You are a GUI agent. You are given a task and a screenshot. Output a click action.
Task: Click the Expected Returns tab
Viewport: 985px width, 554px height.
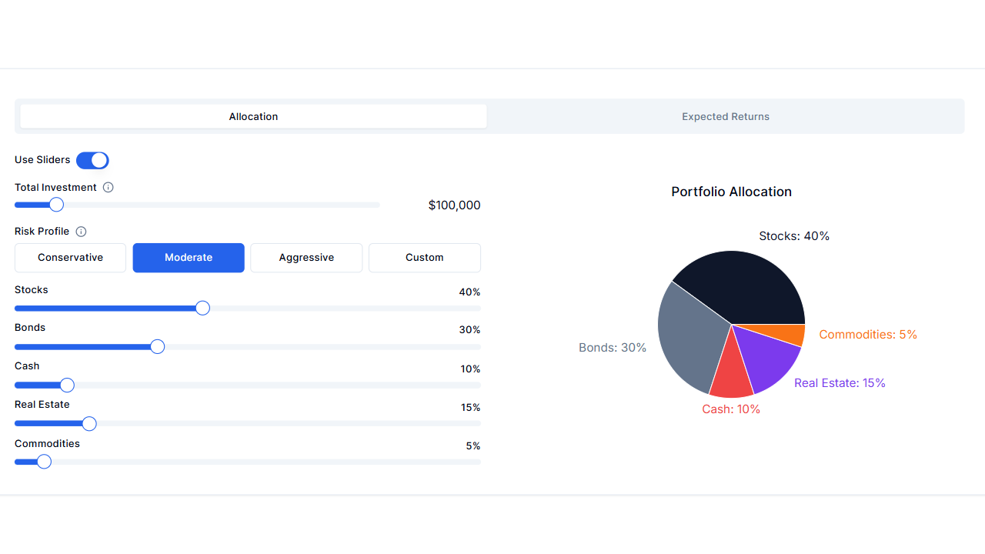click(725, 117)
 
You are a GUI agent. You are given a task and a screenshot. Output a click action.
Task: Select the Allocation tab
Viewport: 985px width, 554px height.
click(253, 117)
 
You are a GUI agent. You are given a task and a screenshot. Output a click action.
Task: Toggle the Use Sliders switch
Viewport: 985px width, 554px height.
click(92, 160)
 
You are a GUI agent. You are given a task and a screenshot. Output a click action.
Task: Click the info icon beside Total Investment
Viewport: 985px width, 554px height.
click(109, 188)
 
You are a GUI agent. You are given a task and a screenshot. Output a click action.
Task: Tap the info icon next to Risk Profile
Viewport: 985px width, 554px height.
click(81, 232)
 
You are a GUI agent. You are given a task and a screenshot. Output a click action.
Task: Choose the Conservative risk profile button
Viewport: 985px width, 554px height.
click(70, 258)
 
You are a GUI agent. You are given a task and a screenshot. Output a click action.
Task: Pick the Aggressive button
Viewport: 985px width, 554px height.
click(306, 258)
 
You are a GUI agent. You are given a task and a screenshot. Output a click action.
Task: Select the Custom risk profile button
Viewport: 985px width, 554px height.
click(424, 258)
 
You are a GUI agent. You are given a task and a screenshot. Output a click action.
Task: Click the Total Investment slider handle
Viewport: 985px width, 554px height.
click(56, 205)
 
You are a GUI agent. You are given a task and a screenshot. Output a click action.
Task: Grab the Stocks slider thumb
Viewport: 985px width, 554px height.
click(202, 308)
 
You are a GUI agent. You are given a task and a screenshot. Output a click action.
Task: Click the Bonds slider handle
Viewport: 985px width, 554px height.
click(157, 346)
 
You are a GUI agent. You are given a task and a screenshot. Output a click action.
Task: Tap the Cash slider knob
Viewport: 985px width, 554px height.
click(67, 385)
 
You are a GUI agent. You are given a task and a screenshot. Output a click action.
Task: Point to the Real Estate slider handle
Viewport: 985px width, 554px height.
click(89, 423)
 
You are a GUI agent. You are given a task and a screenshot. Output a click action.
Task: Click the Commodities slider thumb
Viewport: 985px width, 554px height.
click(44, 462)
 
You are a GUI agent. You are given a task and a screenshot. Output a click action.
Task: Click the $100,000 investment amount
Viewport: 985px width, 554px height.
click(454, 205)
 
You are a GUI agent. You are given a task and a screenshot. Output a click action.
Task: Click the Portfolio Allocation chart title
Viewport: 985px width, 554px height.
click(731, 192)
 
